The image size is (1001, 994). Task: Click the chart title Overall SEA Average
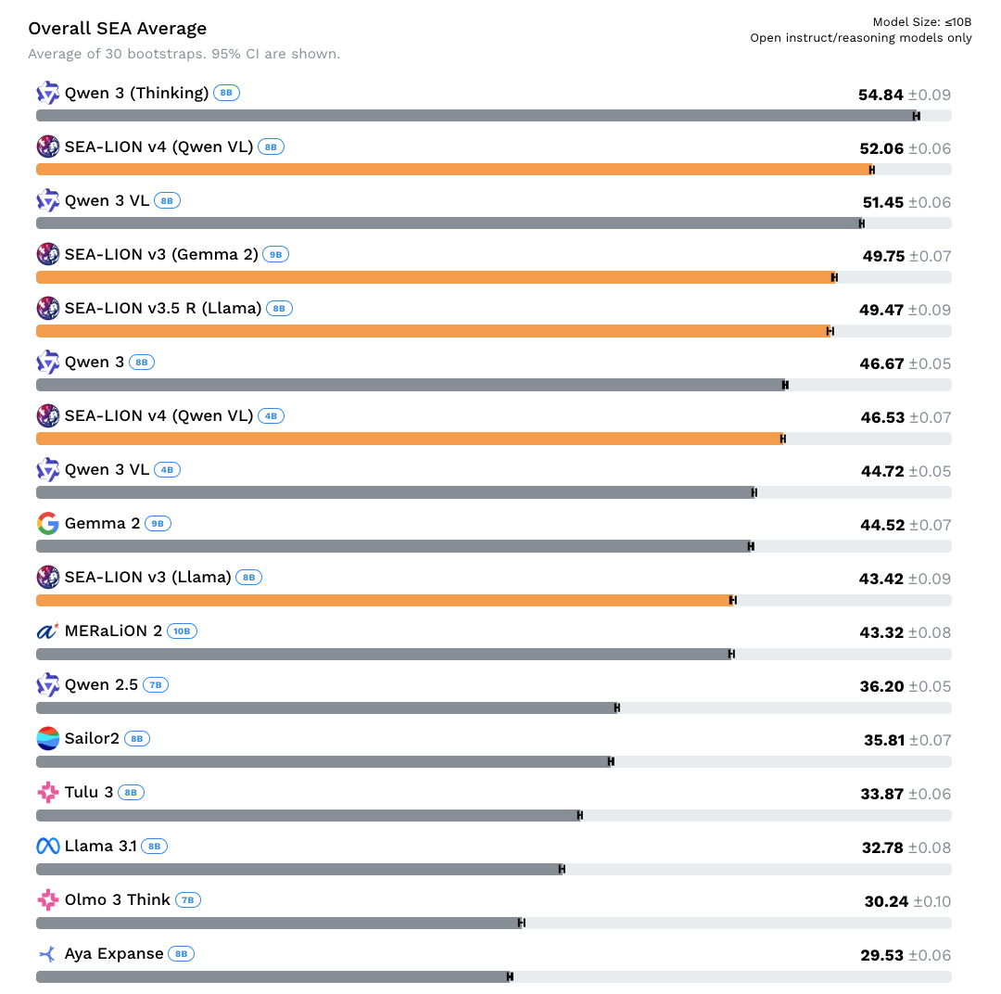(x=117, y=29)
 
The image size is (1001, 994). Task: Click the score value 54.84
(x=881, y=95)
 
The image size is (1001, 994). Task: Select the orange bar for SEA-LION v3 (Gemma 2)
(x=436, y=277)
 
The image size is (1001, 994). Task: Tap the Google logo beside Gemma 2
(x=48, y=524)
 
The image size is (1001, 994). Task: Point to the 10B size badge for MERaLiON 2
(x=182, y=631)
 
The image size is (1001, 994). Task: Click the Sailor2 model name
(x=92, y=739)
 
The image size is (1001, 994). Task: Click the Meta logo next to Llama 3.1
(x=48, y=847)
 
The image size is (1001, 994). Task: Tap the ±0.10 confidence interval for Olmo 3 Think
(x=930, y=901)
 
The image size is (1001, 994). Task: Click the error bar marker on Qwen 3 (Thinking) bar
(x=916, y=116)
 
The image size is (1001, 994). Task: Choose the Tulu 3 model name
(x=89, y=793)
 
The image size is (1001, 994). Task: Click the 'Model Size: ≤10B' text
(x=921, y=22)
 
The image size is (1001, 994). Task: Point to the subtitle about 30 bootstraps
(x=184, y=54)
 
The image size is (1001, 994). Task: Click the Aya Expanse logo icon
(x=48, y=954)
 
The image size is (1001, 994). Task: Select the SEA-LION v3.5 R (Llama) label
(x=163, y=309)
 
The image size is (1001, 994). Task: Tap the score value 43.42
(x=881, y=579)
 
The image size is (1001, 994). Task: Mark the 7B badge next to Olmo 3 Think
(x=188, y=900)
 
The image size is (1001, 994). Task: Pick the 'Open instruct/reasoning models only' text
(x=860, y=38)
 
